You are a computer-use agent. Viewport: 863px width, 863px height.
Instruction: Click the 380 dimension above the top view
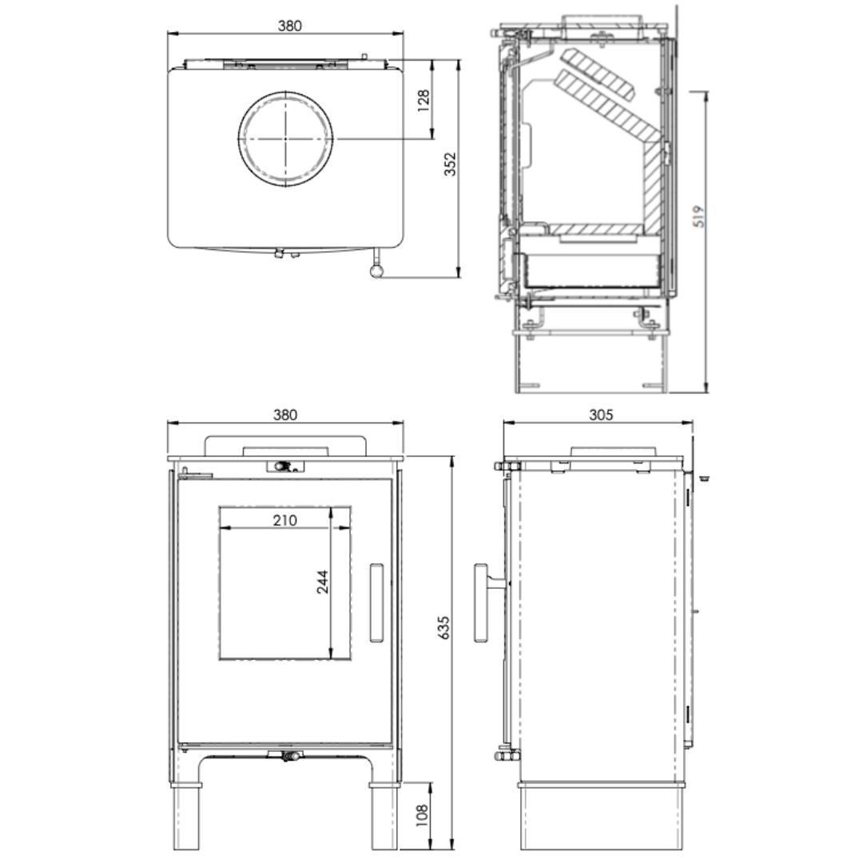pyautogui.click(x=289, y=26)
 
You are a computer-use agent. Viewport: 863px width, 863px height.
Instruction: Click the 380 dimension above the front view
pyautogui.click(x=285, y=415)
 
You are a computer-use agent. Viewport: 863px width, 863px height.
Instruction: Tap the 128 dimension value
pyautogui.click(x=424, y=101)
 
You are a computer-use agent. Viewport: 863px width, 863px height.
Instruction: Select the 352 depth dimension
pyautogui.click(x=450, y=164)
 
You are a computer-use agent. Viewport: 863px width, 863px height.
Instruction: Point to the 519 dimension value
pyautogui.click(x=698, y=217)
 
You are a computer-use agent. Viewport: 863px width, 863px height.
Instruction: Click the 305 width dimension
pyautogui.click(x=601, y=415)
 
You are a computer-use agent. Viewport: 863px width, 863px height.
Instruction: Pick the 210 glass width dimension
pyautogui.click(x=284, y=520)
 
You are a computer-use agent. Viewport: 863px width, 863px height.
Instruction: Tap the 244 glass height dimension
pyautogui.click(x=322, y=582)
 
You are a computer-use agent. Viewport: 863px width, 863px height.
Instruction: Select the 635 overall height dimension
pyautogui.click(x=443, y=627)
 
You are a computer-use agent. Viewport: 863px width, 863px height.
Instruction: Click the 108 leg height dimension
pyautogui.click(x=422, y=816)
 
